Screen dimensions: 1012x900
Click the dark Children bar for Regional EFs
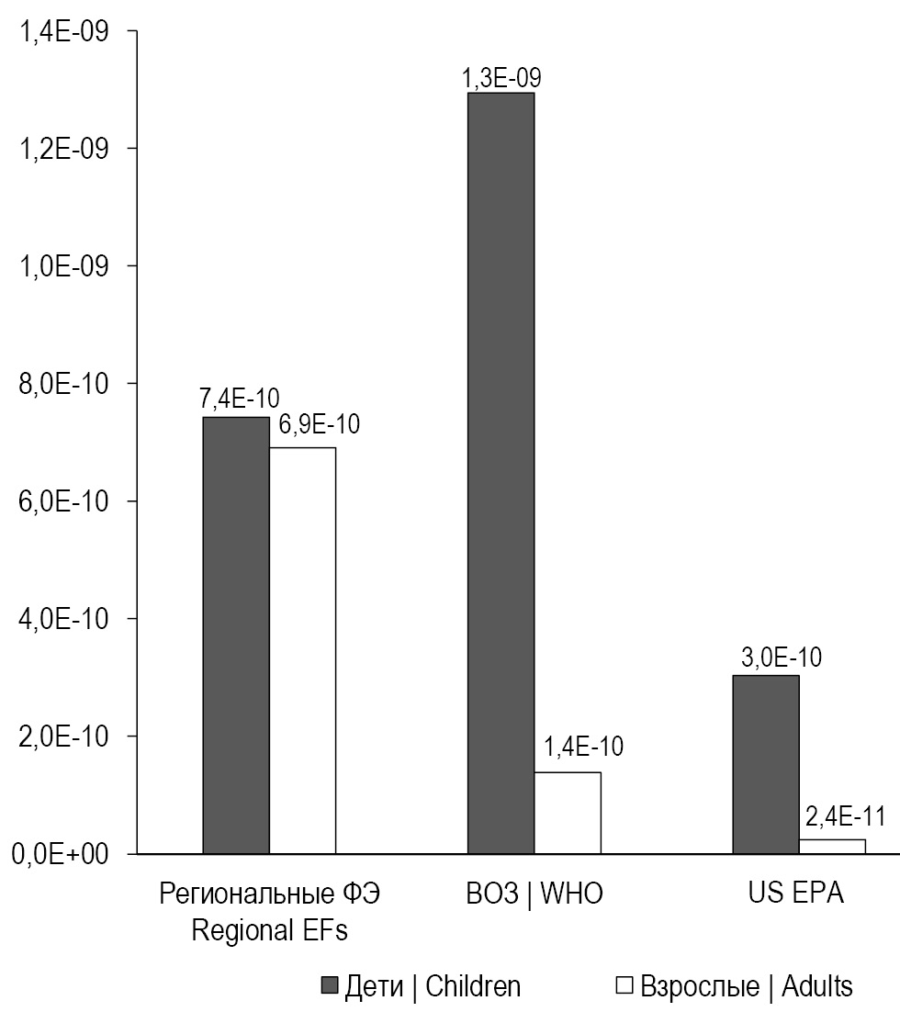[x=236, y=635]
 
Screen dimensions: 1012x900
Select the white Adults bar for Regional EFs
[x=302, y=650]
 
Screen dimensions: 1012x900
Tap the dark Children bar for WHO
[x=501, y=473]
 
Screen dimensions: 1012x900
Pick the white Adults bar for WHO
[x=568, y=813]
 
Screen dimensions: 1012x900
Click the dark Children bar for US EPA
[x=766, y=764]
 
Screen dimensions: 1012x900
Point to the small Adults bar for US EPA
[x=832, y=847]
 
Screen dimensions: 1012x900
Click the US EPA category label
[x=797, y=894]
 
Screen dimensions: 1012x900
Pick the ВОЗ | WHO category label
[x=534, y=894]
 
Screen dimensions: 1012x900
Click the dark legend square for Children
[x=331, y=986]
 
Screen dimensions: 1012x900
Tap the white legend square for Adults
[x=624, y=986]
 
